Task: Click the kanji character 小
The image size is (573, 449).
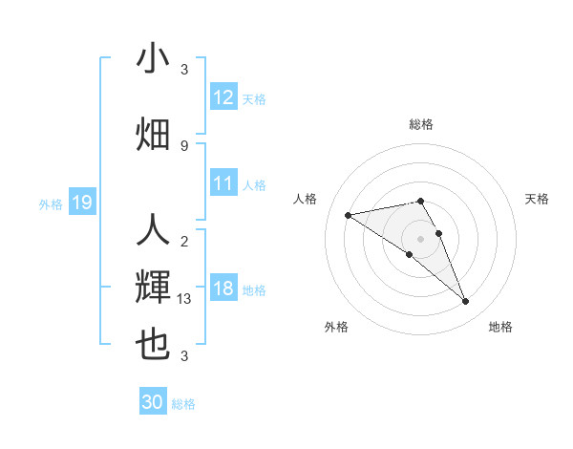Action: point(154,59)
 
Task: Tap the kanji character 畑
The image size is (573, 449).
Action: point(154,135)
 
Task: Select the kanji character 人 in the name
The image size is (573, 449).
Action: point(154,230)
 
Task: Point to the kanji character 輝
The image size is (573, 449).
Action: point(154,288)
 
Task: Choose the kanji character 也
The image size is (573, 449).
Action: point(154,344)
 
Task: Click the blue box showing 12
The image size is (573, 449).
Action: point(223,96)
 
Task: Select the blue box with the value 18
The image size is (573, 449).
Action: point(223,289)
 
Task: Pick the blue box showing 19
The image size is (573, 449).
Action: point(81,202)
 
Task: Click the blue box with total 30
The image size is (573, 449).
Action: point(153,402)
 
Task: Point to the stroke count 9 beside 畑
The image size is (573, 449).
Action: point(184,145)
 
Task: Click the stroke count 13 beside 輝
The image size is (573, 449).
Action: point(184,299)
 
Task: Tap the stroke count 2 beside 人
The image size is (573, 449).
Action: point(184,241)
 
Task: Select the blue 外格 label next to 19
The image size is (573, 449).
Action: point(51,203)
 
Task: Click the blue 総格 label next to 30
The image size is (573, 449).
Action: point(183,404)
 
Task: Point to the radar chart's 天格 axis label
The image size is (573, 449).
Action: point(537,199)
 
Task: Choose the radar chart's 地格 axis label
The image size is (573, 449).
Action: point(500,328)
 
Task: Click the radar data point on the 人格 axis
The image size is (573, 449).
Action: point(348,214)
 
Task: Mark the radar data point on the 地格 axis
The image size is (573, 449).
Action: point(465,302)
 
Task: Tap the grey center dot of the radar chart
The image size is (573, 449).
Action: point(420,237)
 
